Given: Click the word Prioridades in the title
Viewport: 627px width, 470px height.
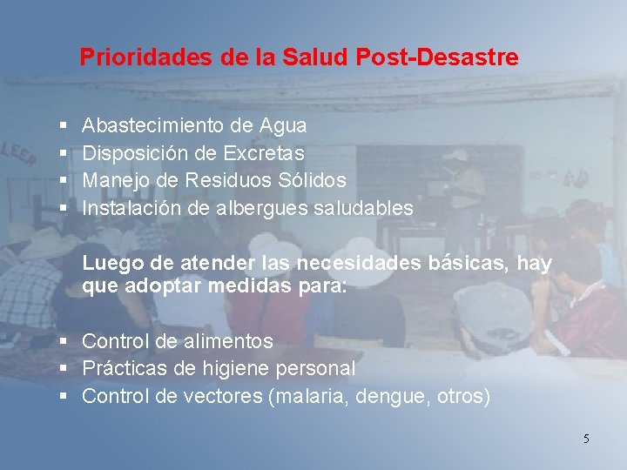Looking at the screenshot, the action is click(x=146, y=57).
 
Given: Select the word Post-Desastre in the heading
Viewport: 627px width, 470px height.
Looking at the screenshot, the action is click(x=437, y=57).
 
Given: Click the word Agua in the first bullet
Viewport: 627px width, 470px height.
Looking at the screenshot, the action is click(x=283, y=126).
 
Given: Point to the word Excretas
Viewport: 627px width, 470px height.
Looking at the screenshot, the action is click(x=264, y=153).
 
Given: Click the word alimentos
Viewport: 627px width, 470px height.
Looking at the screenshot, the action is click(x=228, y=341).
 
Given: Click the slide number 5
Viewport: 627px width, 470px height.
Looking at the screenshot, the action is click(x=586, y=439).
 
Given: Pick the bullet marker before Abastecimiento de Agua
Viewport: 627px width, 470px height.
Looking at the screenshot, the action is click(x=64, y=125).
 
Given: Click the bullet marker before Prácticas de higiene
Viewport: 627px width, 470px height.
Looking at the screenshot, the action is click(x=64, y=368).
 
